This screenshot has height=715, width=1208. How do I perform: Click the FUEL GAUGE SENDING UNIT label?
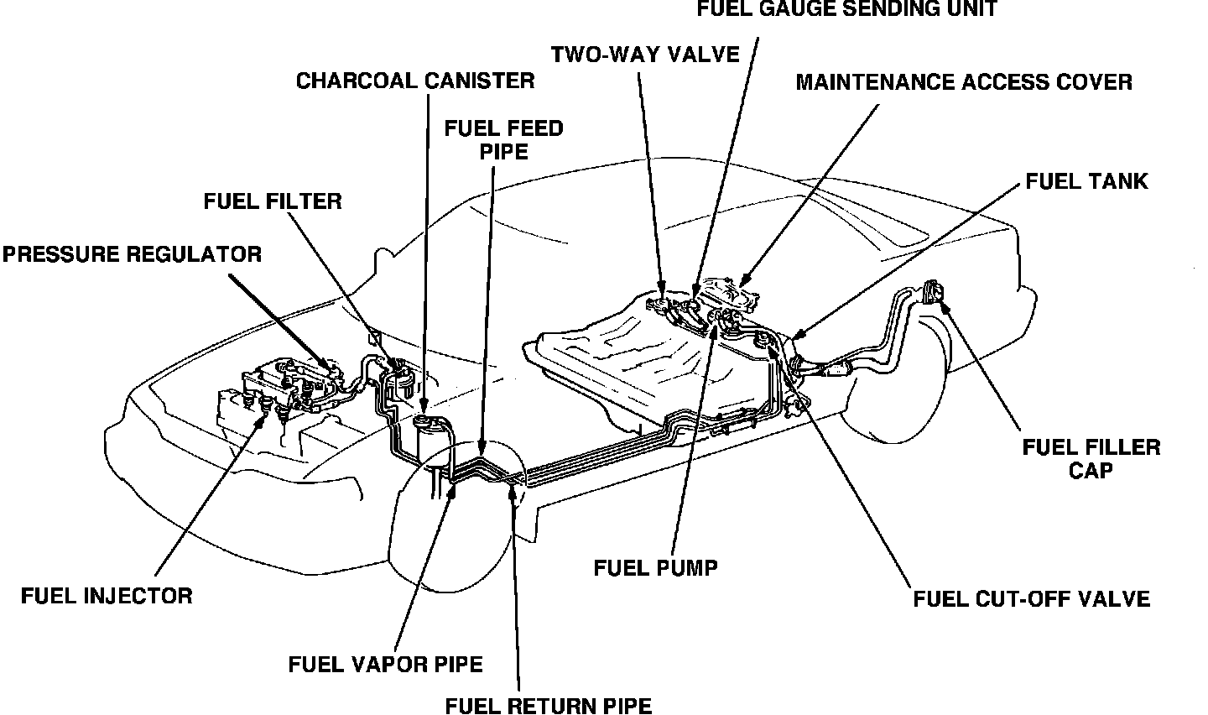(848, 10)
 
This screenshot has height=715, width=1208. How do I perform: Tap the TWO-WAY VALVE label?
(645, 55)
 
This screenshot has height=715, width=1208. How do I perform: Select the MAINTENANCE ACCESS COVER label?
(964, 82)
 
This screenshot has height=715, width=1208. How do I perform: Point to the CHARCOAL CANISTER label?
(415, 81)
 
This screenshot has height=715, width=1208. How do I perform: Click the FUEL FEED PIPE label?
(503, 139)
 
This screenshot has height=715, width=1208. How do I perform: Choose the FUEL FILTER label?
(273, 201)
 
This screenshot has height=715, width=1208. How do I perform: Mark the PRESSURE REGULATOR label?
(132, 253)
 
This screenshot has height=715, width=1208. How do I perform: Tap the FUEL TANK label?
(1086, 180)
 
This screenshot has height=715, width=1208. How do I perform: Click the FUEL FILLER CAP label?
(1091, 457)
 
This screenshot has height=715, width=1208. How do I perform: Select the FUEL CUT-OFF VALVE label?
(1031, 598)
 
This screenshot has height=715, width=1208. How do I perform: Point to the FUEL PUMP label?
(655, 568)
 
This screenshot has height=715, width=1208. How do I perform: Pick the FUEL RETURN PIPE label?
(548, 705)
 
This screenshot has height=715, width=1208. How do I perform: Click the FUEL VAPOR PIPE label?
(385, 665)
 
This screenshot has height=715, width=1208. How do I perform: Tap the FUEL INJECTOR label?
(107, 596)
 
